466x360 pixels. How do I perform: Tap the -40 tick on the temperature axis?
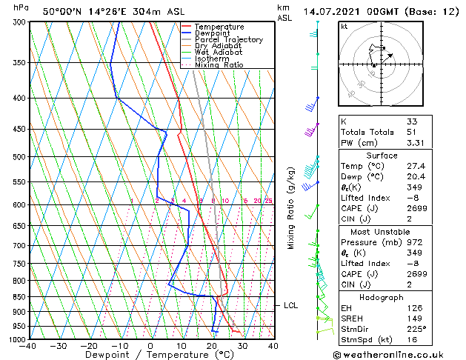(x=27, y=345)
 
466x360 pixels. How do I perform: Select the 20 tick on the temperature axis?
(x=212, y=345)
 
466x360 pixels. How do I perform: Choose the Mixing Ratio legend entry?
(x=219, y=65)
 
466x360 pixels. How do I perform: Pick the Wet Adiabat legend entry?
(x=219, y=53)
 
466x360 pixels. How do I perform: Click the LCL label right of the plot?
(x=290, y=305)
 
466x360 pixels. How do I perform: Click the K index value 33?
(x=412, y=121)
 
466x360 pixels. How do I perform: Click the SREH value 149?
(x=414, y=319)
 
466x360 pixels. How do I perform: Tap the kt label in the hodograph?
(x=344, y=26)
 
